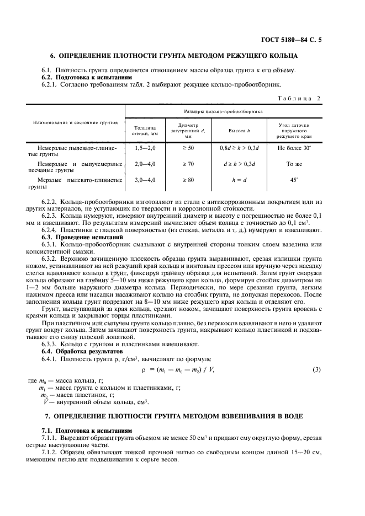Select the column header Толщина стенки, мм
tap(145, 130)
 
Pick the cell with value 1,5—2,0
tap(145, 148)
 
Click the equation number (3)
tap(317, 368)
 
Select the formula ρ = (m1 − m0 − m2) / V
tap(178, 368)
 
